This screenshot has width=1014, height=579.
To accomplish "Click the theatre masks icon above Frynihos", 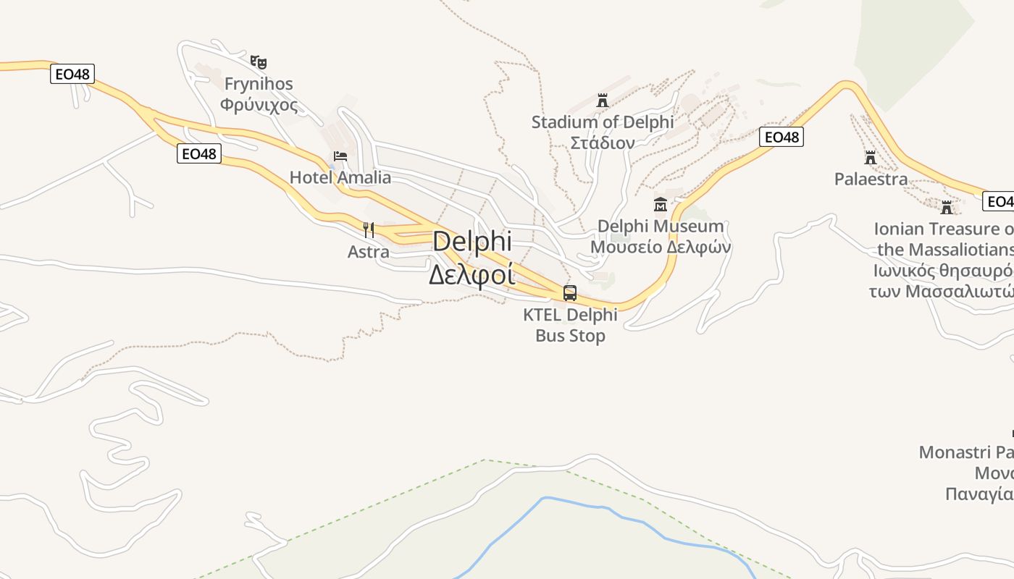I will [259, 62].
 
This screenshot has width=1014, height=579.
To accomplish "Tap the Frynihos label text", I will [259, 84].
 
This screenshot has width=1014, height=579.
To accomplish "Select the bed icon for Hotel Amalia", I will [340, 156].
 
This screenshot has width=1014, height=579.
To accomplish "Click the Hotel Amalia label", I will [340, 177].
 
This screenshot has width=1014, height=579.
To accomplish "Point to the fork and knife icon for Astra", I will [369, 230].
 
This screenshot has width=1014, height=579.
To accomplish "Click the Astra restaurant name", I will [369, 252].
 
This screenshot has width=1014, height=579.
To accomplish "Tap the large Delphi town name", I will [472, 242].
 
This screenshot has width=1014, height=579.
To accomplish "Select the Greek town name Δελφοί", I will [472, 275].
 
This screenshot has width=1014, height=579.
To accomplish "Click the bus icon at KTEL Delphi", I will [570, 293].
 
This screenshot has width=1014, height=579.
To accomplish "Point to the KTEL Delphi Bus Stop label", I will [570, 325].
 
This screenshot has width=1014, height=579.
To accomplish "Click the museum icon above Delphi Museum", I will [660, 205].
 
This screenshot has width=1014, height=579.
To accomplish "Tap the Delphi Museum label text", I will [660, 227].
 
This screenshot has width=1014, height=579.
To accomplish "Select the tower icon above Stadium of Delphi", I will [603, 101].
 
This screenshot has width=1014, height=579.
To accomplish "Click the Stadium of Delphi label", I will [603, 122].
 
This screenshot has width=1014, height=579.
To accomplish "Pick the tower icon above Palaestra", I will [871, 157].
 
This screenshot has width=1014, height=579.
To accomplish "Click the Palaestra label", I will [871, 179].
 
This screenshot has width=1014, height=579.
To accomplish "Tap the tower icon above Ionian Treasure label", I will [947, 208].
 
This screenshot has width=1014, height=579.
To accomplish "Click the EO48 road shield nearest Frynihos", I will [72, 74].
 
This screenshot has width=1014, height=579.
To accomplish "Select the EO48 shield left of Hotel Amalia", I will [199, 153].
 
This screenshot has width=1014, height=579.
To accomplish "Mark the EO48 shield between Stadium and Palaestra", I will [782, 137].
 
